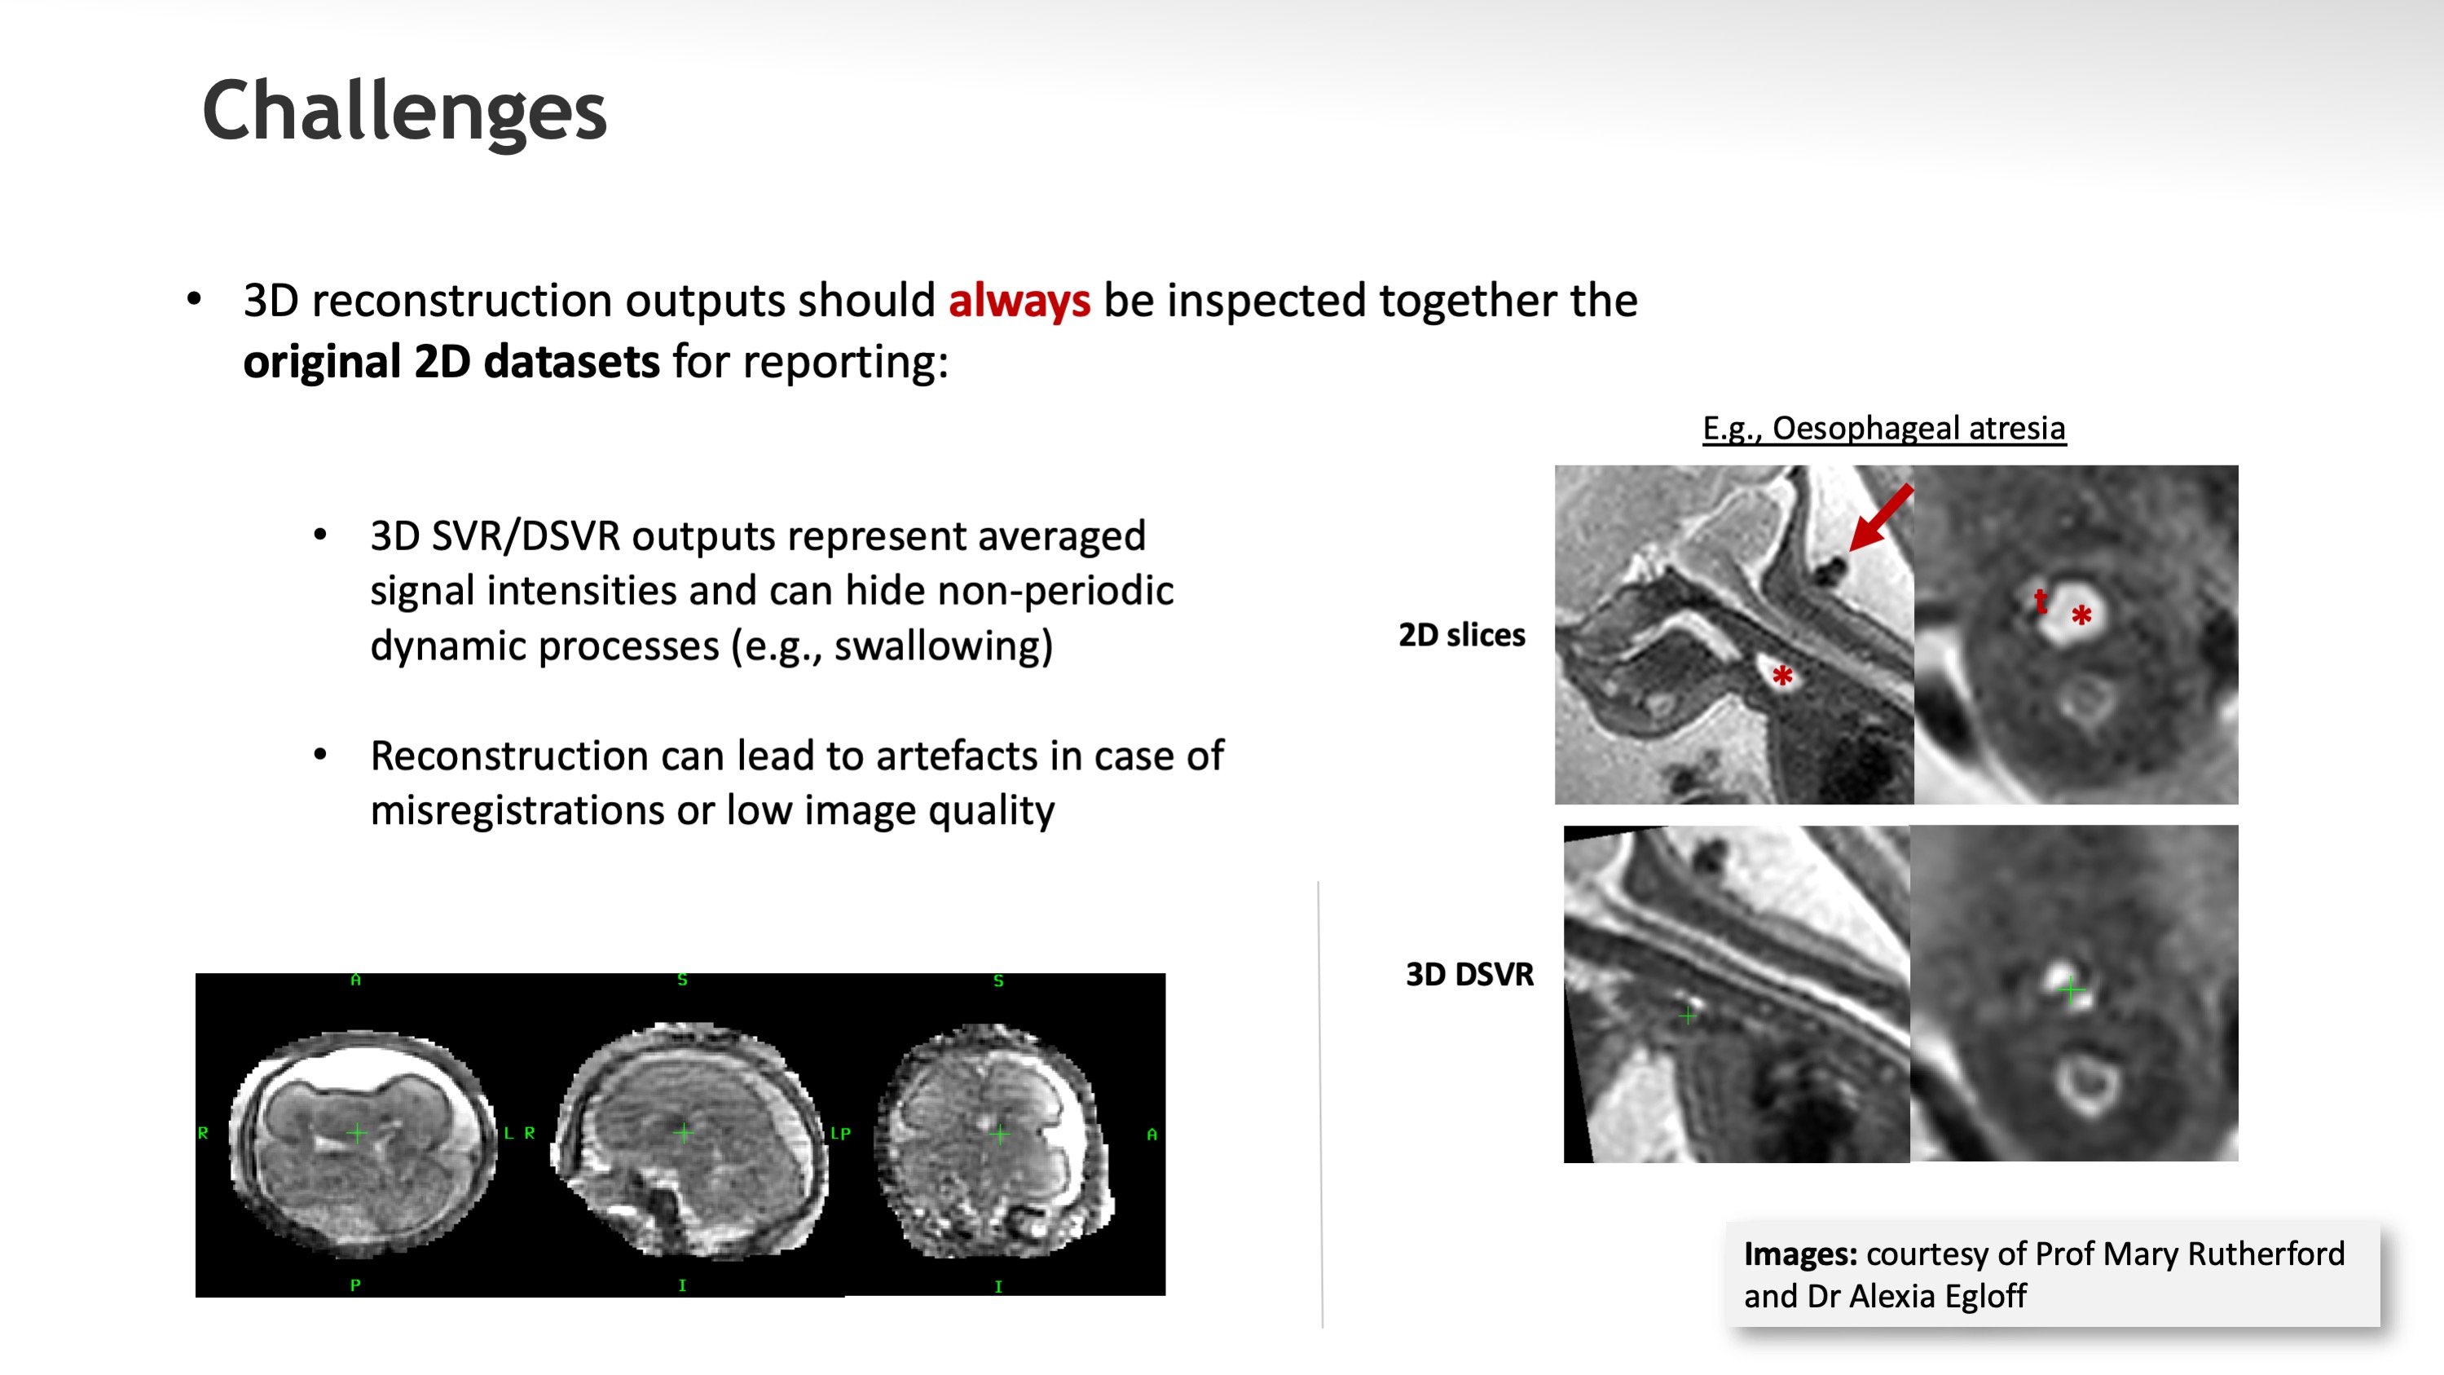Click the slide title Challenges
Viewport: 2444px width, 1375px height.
[404, 111]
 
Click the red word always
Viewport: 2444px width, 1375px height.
[1020, 302]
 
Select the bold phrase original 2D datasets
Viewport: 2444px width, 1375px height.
[451, 362]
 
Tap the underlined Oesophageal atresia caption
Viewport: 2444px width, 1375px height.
[1918, 429]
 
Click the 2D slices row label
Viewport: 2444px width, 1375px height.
[1462, 634]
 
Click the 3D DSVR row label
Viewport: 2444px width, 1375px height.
[1469, 975]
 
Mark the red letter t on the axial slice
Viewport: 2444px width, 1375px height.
[2040, 600]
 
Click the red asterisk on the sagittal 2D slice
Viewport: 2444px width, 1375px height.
[1781, 676]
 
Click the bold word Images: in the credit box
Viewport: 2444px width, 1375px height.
[1800, 1254]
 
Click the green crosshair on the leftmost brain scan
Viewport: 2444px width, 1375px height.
[357, 1133]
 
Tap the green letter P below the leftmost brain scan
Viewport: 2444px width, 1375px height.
[354, 1285]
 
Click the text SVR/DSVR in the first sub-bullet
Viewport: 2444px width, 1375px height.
[526, 537]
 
